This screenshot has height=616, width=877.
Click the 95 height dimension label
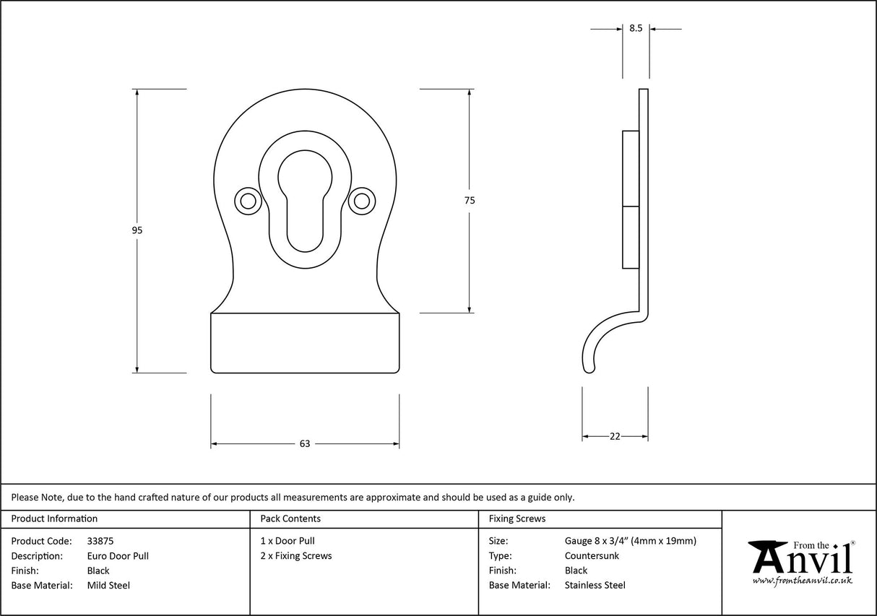point(137,230)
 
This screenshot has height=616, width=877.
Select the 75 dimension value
point(470,201)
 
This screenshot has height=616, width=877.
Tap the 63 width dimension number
point(304,444)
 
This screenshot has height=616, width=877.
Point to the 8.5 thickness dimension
point(636,28)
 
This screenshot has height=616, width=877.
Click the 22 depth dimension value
point(615,436)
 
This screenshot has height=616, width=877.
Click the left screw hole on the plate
point(248,201)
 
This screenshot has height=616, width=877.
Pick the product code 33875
point(100,540)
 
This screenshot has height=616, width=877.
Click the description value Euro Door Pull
point(118,555)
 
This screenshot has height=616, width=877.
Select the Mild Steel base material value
point(108,586)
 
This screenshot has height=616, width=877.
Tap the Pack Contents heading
point(290,519)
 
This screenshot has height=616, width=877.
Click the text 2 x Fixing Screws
point(296,555)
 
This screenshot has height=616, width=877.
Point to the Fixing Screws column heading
point(517,519)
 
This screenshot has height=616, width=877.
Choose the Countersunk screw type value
point(592,555)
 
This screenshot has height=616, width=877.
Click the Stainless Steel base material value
point(595,586)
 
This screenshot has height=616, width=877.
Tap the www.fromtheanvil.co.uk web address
point(802,580)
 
